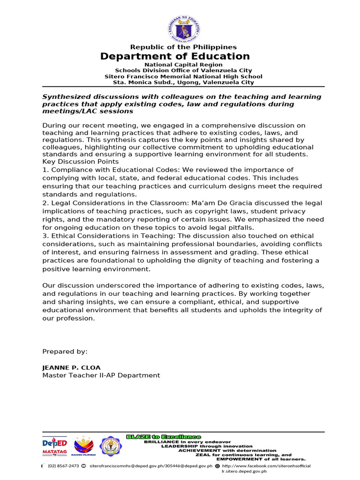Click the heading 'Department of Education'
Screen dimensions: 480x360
pos(175,56)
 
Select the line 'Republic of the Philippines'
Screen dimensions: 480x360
pos(183,47)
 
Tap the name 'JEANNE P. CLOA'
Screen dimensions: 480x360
pos(71,367)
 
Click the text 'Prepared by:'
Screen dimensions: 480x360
pos(65,352)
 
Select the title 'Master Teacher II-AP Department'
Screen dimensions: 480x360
pos(101,375)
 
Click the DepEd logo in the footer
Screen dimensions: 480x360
pos(55,442)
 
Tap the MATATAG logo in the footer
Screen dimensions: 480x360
pos(55,452)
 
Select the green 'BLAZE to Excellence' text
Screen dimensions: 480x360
pos(164,436)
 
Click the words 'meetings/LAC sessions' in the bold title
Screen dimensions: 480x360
pos(88,112)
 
